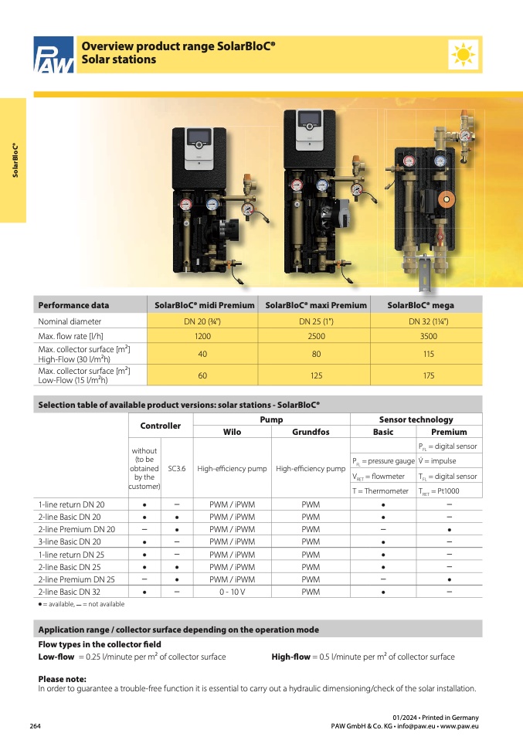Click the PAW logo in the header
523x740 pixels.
(53, 56)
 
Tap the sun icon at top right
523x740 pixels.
(464, 54)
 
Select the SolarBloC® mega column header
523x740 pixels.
(426, 305)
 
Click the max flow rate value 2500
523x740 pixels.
(316, 337)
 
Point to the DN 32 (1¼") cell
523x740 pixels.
(426, 321)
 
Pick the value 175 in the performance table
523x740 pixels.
(426, 375)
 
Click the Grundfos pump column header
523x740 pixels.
(311, 432)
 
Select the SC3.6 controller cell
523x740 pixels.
(177, 468)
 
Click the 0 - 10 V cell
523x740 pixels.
(233, 591)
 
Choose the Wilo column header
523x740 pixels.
(233, 432)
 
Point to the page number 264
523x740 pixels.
(36, 726)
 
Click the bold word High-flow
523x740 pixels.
(290, 657)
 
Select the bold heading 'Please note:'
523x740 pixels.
(62, 679)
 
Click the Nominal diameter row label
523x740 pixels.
(70, 321)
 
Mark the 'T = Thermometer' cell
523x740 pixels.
(380, 491)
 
